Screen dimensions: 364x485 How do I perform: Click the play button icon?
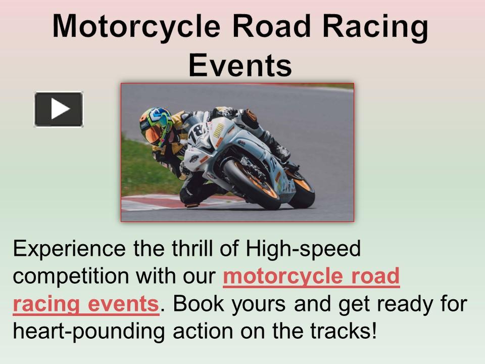59,109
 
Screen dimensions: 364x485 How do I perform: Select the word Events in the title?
240,65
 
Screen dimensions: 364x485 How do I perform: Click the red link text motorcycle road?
311,277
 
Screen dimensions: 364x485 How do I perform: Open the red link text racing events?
86,304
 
